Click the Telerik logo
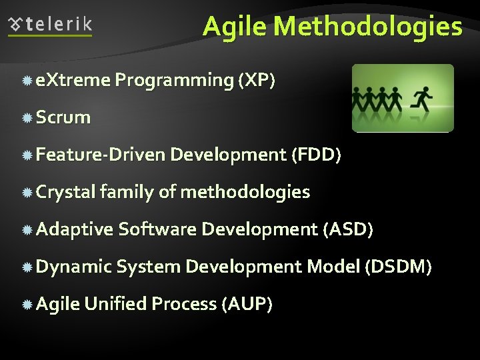[x=51, y=25]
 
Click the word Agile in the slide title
[x=235, y=27]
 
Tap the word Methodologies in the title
[x=368, y=27]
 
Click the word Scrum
[x=63, y=117]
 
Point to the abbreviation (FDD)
[x=316, y=155]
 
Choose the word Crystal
[x=65, y=193]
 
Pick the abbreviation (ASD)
[x=347, y=230]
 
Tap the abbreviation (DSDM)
[x=398, y=267]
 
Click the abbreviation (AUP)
[x=247, y=305]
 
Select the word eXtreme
[x=73, y=80]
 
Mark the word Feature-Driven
[x=100, y=155]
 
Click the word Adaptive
[x=75, y=230]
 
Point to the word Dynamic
[x=73, y=267]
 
